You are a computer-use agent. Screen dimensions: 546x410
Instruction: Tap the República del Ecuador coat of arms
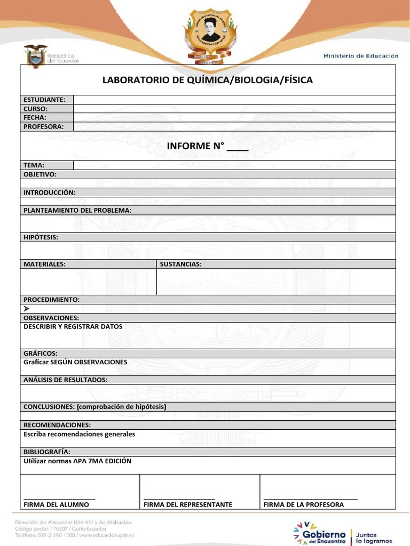[x=36, y=57]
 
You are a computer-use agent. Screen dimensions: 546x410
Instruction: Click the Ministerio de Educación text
[x=361, y=56]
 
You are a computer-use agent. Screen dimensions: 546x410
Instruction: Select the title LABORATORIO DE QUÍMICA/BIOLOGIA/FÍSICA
[x=208, y=80]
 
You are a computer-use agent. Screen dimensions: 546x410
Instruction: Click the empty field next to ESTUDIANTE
[x=234, y=100]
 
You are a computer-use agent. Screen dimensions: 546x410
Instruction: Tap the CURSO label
[x=36, y=109]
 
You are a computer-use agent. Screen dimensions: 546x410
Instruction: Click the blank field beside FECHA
[x=234, y=117]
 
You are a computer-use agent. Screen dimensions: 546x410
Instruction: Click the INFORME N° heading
[x=208, y=146]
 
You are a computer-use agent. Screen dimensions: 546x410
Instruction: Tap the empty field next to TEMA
[x=234, y=165]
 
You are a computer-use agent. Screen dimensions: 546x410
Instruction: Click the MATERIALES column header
[x=44, y=264]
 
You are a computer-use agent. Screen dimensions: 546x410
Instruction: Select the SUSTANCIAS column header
[x=180, y=264]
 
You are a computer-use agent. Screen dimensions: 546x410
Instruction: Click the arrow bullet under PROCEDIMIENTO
[x=27, y=309]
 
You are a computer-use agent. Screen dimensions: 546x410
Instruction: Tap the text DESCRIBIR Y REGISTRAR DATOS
[x=73, y=326]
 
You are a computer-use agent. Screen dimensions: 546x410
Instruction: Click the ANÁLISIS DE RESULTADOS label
[x=66, y=380]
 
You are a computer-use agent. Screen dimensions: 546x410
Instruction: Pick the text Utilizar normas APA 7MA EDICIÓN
[x=77, y=461]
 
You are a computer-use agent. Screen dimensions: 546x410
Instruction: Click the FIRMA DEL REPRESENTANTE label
[x=188, y=504]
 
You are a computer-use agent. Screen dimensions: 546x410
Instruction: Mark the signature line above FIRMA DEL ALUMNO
[x=59, y=498]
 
